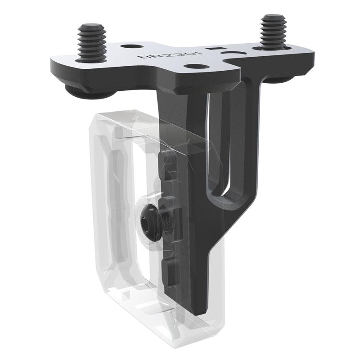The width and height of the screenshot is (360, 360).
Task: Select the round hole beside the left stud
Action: tap(129, 46)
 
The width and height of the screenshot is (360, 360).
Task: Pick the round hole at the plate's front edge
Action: tap(194, 67)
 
